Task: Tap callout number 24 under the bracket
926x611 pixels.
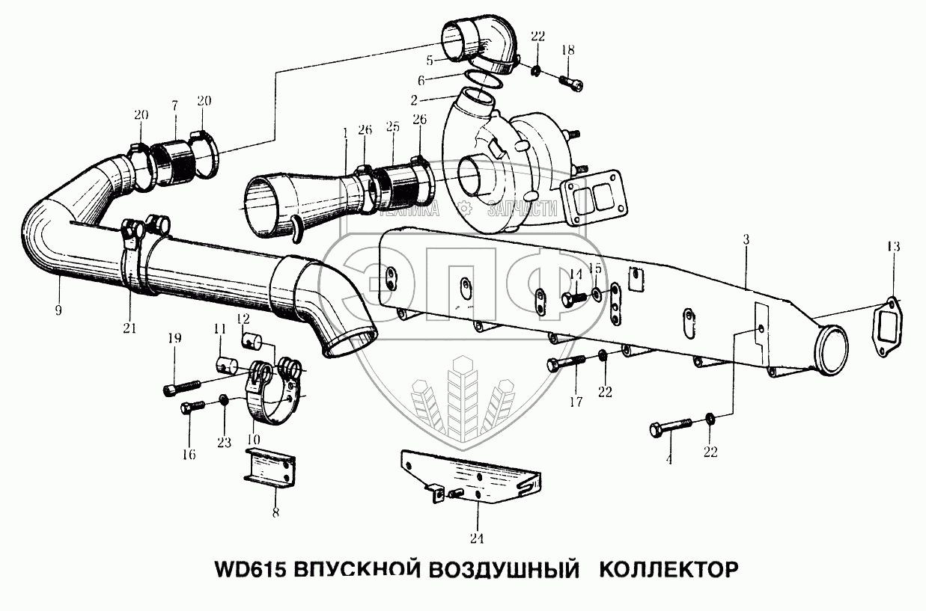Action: click(477, 538)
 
